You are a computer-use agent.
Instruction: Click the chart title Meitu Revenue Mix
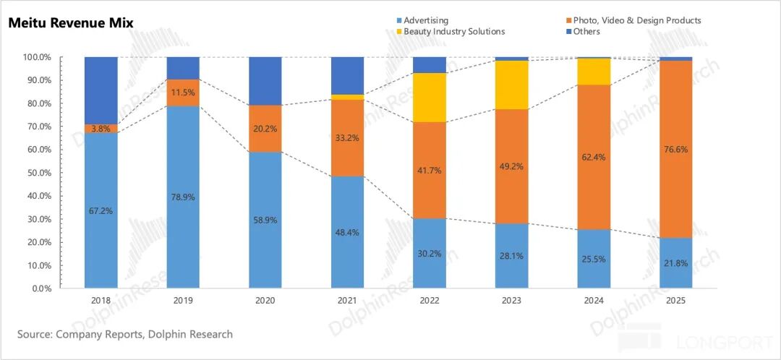point(70,23)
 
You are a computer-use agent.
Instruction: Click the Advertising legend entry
point(425,20)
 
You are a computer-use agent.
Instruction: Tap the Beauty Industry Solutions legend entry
point(453,32)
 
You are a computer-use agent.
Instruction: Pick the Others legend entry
point(586,32)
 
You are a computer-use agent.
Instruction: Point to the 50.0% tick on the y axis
point(36,173)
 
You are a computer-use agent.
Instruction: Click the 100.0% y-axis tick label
point(35,57)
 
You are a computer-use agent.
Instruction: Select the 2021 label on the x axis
point(348,299)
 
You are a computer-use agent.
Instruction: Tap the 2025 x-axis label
point(676,299)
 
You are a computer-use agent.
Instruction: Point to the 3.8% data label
point(101,129)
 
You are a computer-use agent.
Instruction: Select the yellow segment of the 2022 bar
point(430,98)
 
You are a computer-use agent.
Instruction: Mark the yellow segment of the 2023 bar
point(512,85)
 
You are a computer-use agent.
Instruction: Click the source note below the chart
point(125,334)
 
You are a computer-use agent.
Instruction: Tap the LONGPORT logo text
point(712,340)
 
